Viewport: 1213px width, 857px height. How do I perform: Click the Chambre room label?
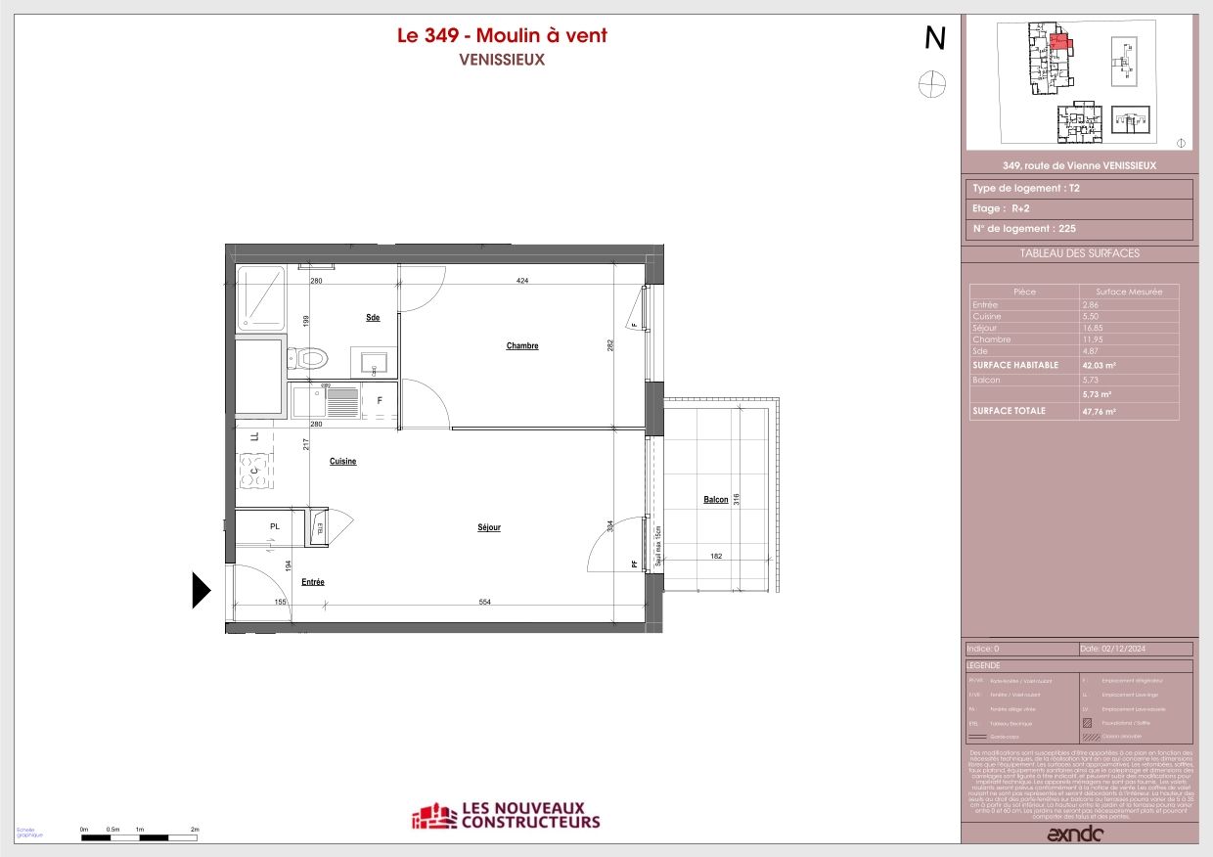[522, 345]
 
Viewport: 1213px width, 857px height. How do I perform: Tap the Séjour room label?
[489, 527]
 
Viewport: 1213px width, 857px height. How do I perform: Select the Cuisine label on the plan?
[342, 461]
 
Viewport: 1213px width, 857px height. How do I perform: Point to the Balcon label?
[716, 500]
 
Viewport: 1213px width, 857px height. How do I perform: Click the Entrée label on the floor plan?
[313, 582]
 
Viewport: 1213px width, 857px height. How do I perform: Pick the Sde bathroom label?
[373, 317]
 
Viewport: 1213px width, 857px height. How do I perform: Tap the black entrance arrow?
[201, 591]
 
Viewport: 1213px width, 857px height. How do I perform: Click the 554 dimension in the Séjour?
[485, 603]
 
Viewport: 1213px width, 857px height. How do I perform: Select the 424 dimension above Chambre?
[522, 282]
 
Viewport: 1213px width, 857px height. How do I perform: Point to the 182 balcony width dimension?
[715, 557]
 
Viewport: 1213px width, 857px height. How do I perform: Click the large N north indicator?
[935, 38]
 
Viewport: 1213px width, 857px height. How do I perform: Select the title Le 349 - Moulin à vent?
[502, 36]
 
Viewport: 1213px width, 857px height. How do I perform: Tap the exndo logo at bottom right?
[1075, 834]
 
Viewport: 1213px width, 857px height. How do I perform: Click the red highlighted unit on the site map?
[1059, 42]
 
